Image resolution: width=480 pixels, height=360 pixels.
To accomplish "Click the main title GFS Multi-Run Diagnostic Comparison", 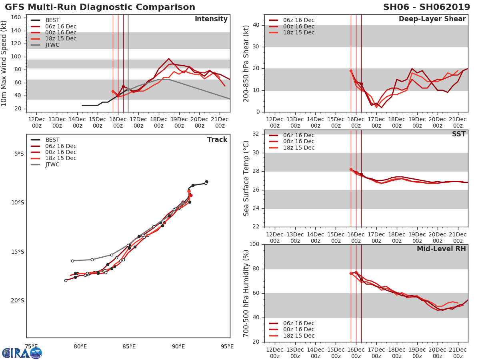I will click(x=100, y=7).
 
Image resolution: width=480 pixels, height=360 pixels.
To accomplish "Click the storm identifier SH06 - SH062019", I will click(x=426, y=7).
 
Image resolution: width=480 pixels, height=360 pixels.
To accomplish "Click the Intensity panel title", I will click(x=211, y=19).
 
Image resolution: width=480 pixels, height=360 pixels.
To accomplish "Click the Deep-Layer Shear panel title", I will click(x=432, y=19).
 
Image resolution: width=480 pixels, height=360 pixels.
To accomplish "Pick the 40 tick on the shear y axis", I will click(x=256, y=25).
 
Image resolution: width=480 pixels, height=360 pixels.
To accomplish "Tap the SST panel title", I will click(x=458, y=134).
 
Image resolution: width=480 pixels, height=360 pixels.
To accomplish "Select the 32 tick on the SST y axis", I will click(x=256, y=134).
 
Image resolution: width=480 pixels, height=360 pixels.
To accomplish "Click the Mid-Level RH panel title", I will click(x=441, y=249).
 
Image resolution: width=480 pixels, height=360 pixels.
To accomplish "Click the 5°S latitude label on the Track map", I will click(x=19, y=154).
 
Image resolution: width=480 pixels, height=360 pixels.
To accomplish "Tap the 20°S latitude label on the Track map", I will click(x=17, y=301).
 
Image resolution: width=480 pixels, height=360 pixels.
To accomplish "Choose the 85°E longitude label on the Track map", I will click(x=129, y=346).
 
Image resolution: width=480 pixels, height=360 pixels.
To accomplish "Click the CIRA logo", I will click(x=22, y=353).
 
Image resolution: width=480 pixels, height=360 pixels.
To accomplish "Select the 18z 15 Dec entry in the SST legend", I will click(x=298, y=148).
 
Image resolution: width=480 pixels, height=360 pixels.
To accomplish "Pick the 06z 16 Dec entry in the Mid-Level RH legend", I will click(x=298, y=323).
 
